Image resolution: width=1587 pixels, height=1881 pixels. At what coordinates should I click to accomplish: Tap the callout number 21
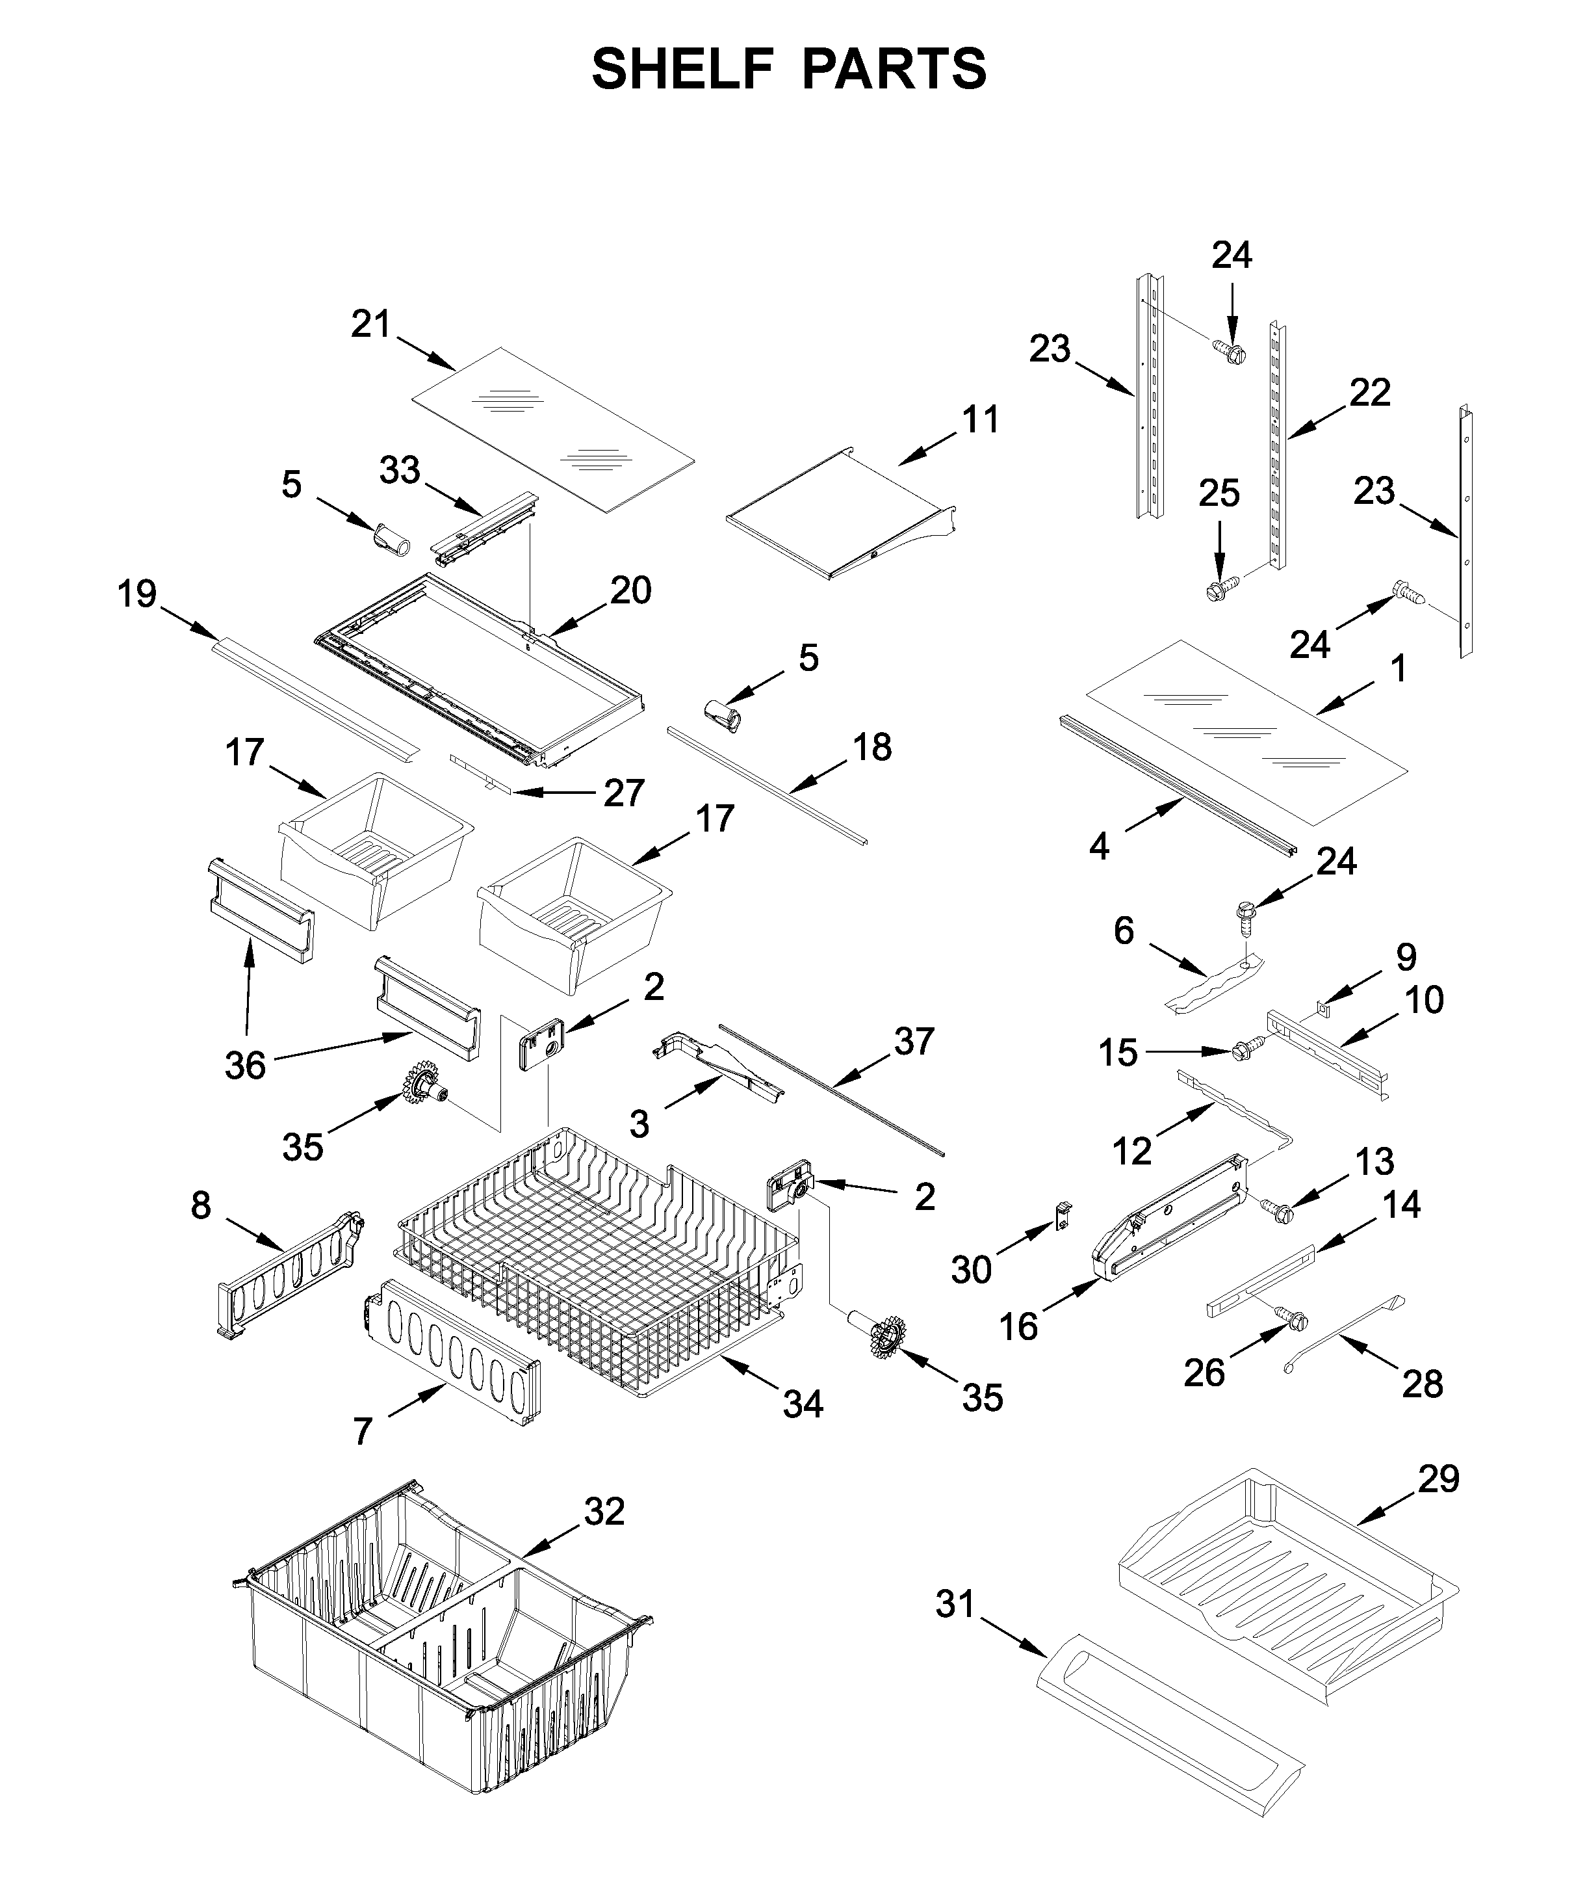[x=370, y=324]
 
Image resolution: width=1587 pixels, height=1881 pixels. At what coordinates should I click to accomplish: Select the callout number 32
[x=604, y=1511]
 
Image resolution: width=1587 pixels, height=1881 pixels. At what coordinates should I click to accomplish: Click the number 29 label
[x=1439, y=1479]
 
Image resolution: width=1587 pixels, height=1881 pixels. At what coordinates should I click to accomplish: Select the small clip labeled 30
[x=1063, y=1216]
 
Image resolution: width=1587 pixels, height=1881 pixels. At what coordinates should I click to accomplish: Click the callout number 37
[x=914, y=1042]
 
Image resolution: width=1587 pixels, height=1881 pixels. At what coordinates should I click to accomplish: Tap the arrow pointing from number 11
[x=927, y=449]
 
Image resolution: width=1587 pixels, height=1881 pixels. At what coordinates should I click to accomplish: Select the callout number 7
[x=363, y=1431]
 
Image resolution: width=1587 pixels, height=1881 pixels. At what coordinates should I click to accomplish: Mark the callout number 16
[x=1018, y=1326]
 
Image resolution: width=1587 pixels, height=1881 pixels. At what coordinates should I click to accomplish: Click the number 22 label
[x=1369, y=393]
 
